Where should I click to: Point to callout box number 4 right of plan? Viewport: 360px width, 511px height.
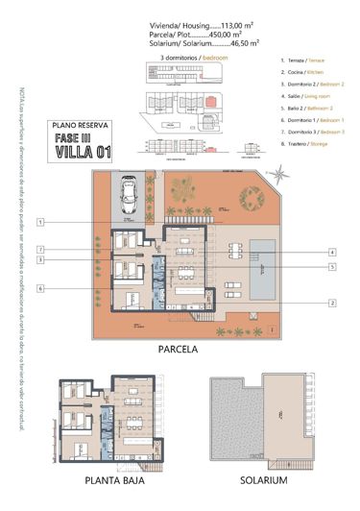pos(331,252)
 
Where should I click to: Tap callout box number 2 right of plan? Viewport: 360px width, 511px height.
pos(331,303)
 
